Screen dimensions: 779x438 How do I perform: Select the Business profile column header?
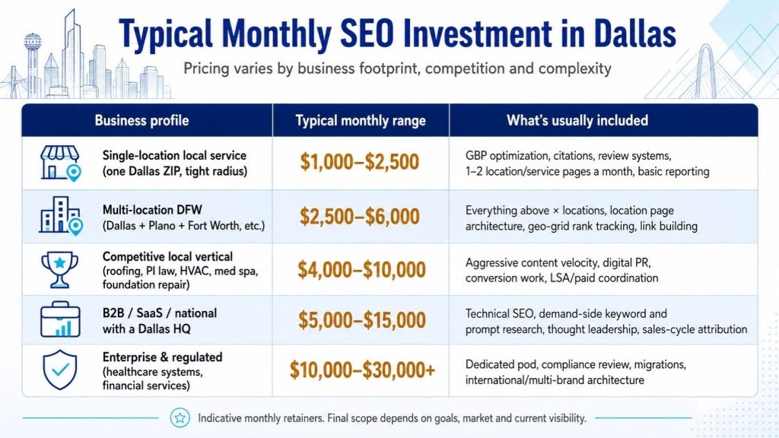(x=141, y=120)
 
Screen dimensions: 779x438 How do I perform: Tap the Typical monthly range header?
(x=361, y=121)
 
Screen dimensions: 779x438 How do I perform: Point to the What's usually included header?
(x=577, y=120)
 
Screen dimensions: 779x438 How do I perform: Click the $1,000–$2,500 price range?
(x=360, y=162)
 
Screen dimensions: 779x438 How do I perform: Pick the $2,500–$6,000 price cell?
(x=360, y=217)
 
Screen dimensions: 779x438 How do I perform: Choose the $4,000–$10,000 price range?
(x=361, y=269)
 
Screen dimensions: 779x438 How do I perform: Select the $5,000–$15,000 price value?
(x=361, y=320)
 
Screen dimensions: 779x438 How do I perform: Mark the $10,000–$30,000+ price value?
(x=362, y=370)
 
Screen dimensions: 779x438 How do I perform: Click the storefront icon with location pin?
(x=60, y=163)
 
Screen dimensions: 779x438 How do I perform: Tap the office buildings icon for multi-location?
(x=61, y=215)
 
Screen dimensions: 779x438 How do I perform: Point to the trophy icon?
(x=59, y=269)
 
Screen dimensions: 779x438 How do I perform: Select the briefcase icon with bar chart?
(x=60, y=319)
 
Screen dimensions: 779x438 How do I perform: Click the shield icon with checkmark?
(x=60, y=370)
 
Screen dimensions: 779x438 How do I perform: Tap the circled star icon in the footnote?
(x=180, y=418)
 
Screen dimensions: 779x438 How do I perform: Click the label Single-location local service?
(x=174, y=155)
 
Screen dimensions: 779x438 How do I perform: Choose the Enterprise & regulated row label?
(x=163, y=357)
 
